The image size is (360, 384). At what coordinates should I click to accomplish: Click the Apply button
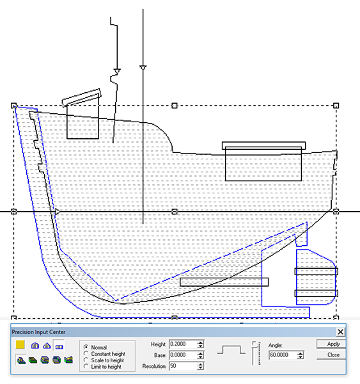pyautogui.click(x=331, y=344)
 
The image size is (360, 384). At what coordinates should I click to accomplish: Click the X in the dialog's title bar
pyautogui.click(x=340, y=332)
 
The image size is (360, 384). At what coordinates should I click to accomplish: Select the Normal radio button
pyautogui.click(x=86, y=347)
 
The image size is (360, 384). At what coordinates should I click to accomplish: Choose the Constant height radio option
pyautogui.click(x=86, y=353)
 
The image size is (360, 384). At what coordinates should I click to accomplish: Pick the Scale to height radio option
pyautogui.click(x=86, y=360)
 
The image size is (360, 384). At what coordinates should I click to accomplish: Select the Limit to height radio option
pyautogui.click(x=86, y=366)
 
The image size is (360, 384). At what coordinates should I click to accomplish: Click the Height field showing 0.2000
pyautogui.click(x=183, y=344)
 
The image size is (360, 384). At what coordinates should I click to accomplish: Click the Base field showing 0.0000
pyautogui.click(x=183, y=355)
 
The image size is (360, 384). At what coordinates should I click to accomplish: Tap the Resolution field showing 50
pyautogui.click(x=183, y=366)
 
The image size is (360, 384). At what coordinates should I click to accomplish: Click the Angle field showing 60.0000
pyautogui.click(x=283, y=355)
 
